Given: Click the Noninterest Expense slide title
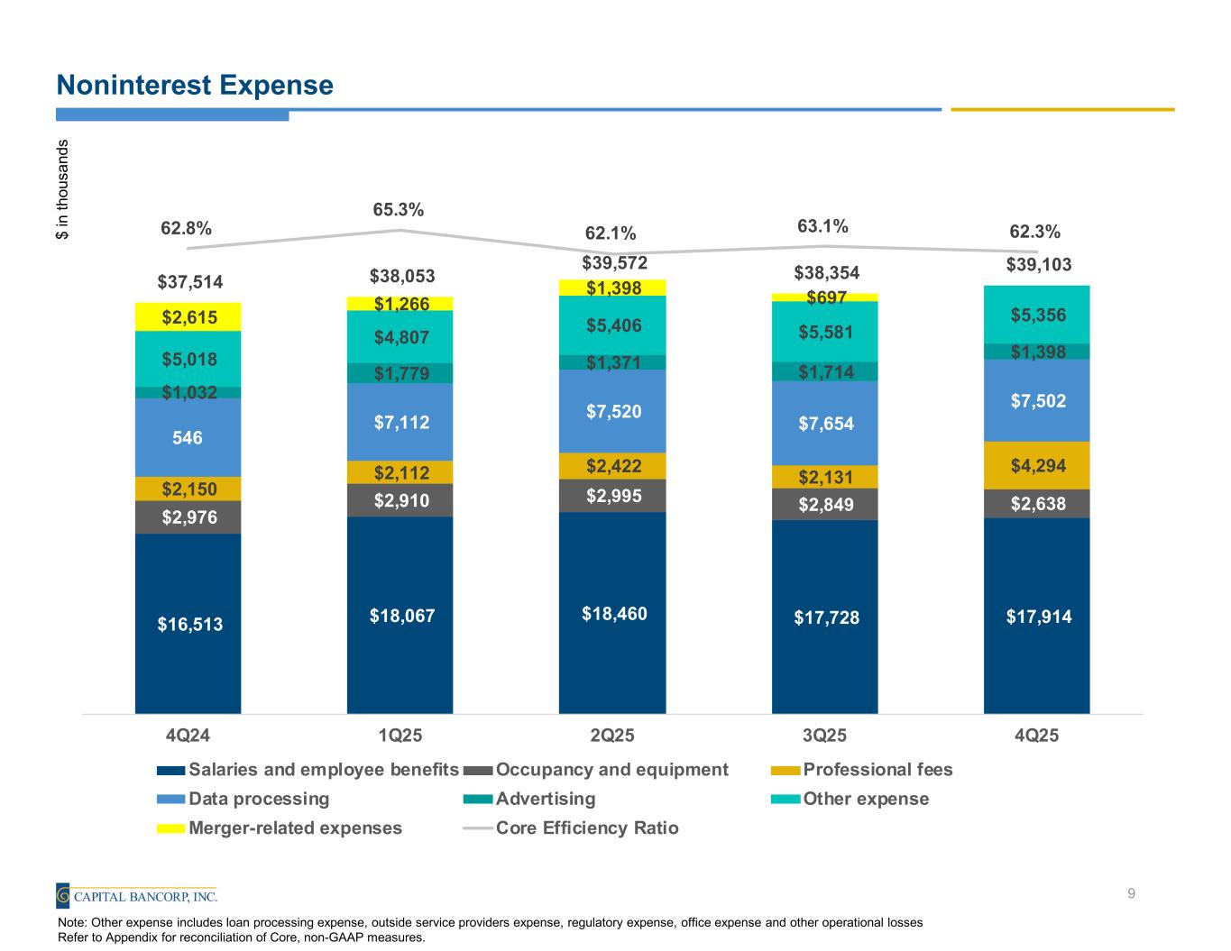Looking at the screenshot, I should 195,85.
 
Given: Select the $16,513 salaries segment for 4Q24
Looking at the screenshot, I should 188,623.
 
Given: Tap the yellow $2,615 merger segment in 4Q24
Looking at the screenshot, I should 188,316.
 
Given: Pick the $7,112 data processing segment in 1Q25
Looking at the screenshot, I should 400,422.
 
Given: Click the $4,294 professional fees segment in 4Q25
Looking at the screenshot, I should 1036,465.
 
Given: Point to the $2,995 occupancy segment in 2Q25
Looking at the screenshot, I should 612,495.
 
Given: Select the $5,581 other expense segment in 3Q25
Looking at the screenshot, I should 824,332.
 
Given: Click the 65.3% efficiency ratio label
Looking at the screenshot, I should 399,209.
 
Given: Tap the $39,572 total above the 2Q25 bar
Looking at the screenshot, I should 612,262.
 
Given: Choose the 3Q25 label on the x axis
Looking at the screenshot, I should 824,735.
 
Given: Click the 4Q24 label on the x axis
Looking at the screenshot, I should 188,735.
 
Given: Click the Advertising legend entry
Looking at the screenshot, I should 531,799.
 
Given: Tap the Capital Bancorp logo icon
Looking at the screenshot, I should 63,896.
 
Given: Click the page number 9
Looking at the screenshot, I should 1131,894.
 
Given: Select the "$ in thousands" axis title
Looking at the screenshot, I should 62,188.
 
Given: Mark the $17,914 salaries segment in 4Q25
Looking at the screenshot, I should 1036,617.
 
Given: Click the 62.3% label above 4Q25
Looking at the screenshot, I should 1035,232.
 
